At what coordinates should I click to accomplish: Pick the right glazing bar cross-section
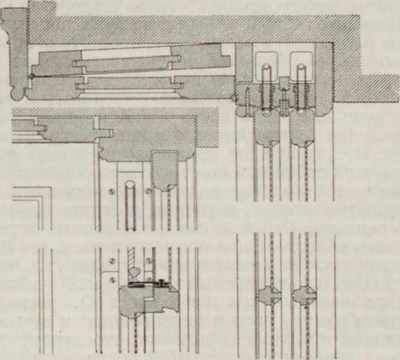coord(302,296)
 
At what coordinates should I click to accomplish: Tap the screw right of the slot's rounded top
coord(148,191)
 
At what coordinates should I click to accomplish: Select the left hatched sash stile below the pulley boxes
coord(266,127)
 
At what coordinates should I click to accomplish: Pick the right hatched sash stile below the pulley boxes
coord(300,127)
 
